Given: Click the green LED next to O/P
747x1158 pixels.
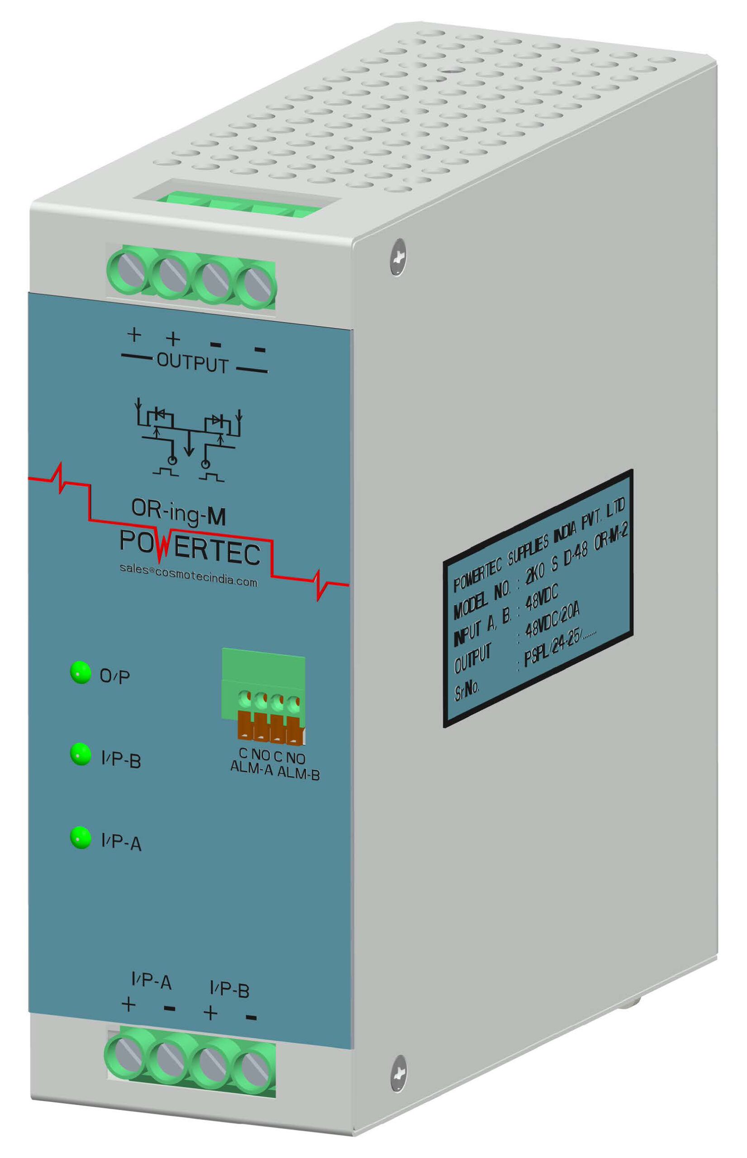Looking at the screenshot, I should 81,672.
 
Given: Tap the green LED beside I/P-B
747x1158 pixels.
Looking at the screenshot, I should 81,754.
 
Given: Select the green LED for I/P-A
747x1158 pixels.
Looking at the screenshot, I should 81,837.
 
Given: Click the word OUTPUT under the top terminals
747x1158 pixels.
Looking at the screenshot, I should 193,364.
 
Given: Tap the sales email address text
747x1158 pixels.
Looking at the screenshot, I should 188,575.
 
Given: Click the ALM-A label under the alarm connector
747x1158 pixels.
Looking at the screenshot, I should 252,768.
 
